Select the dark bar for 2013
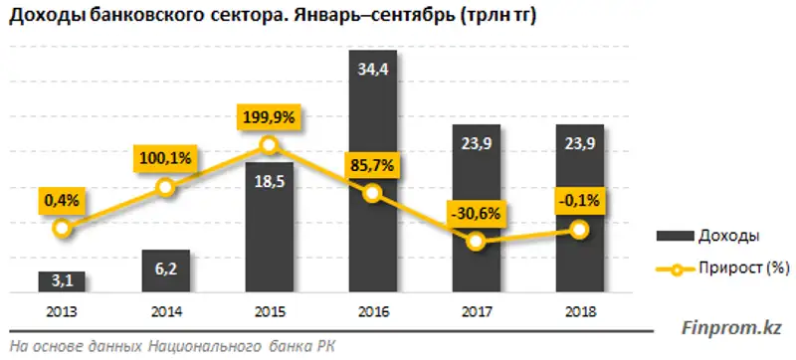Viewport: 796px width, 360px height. point(62,282)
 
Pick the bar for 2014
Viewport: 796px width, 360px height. point(165,271)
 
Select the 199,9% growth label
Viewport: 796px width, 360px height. point(269,118)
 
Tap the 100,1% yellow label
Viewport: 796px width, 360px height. point(166,157)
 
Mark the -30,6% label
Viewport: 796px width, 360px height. point(476,213)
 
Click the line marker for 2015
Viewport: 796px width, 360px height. point(269,145)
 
